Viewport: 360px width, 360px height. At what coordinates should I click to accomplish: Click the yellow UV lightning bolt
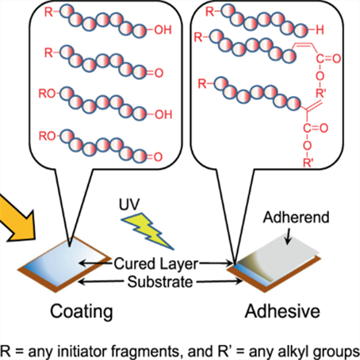click(146, 231)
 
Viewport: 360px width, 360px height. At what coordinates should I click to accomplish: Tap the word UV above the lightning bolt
click(129, 205)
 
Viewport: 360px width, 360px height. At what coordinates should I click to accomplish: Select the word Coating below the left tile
click(82, 312)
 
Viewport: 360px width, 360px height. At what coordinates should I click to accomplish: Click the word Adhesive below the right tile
click(282, 311)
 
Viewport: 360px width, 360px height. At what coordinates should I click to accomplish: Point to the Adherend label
click(296, 217)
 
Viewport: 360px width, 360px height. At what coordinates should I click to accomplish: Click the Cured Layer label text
click(156, 264)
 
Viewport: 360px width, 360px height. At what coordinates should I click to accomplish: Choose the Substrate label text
click(160, 281)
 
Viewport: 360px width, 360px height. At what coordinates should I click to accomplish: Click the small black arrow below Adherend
click(288, 235)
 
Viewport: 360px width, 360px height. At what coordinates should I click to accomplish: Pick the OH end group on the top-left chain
click(163, 30)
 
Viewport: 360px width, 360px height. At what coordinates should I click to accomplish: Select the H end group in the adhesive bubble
click(320, 30)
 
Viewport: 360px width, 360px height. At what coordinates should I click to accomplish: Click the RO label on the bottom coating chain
click(47, 136)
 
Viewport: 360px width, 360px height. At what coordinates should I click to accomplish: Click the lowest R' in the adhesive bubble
click(308, 163)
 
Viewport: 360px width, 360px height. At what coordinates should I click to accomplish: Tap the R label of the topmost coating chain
click(48, 12)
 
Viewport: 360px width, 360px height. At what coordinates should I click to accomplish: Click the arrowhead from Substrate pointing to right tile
click(239, 281)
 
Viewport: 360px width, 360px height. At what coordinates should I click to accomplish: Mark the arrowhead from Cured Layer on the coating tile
click(83, 263)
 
